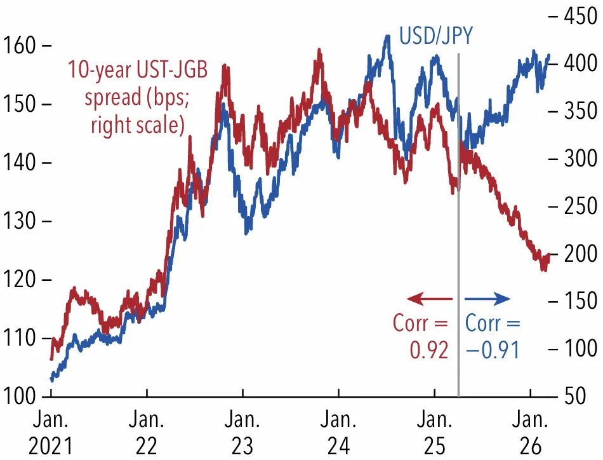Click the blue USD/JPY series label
pos(435,36)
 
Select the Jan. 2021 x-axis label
pos(51,433)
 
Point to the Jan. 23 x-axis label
pos(242,433)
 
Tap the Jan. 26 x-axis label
pos(530,433)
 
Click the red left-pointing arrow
pos(430,299)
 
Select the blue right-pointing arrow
pos(487,299)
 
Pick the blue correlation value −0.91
pos(493,350)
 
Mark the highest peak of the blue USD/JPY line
pos(388,36)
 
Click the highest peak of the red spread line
pos(319,50)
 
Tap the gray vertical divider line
pos(458,225)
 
